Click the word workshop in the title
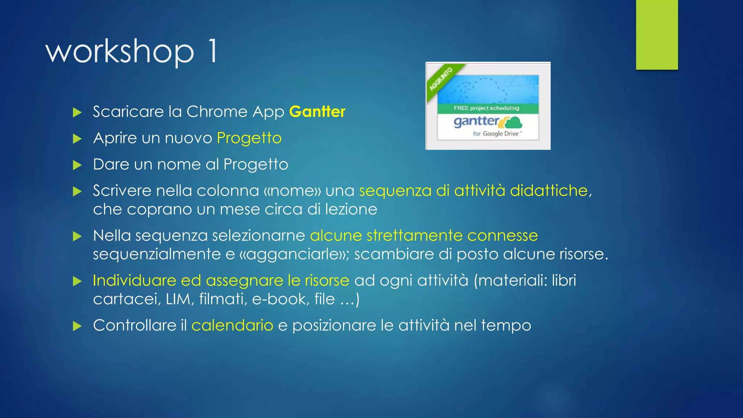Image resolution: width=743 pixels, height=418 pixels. pyautogui.click(x=120, y=52)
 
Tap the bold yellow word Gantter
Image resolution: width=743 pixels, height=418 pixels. pyautogui.click(x=317, y=112)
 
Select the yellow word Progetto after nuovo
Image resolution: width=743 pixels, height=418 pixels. pyautogui.click(x=249, y=138)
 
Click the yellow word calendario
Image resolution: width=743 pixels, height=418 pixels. pyautogui.click(x=232, y=325)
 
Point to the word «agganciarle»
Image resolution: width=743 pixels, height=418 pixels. pyautogui.click(x=294, y=254)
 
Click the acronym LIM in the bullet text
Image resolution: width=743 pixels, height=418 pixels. pyautogui.click(x=178, y=299)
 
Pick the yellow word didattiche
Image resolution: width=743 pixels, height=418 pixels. pyautogui.click(x=549, y=190)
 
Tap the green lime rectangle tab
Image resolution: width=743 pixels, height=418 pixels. pyautogui.click(x=657, y=34)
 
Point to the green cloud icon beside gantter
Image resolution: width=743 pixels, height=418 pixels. pyautogui.click(x=512, y=123)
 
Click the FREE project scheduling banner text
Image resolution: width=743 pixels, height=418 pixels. pyautogui.click(x=486, y=108)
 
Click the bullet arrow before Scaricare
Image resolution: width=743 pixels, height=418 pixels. pyautogui.click(x=77, y=112)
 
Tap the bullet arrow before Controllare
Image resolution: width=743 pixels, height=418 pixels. pyautogui.click(x=77, y=326)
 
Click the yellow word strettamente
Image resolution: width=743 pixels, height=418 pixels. pyautogui.click(x=414, y=236)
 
